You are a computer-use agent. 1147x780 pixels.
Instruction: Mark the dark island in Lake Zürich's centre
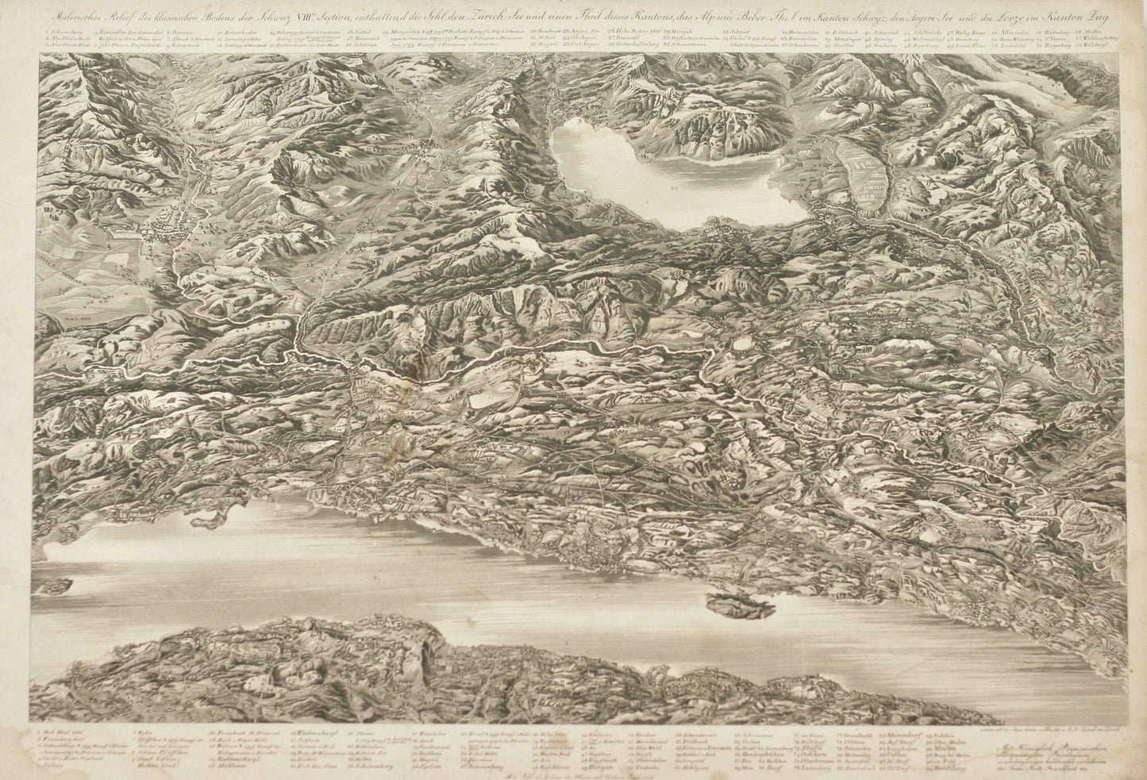click(x=740, y=605)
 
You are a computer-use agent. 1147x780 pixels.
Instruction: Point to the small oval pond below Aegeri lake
click(x=745, y=344)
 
